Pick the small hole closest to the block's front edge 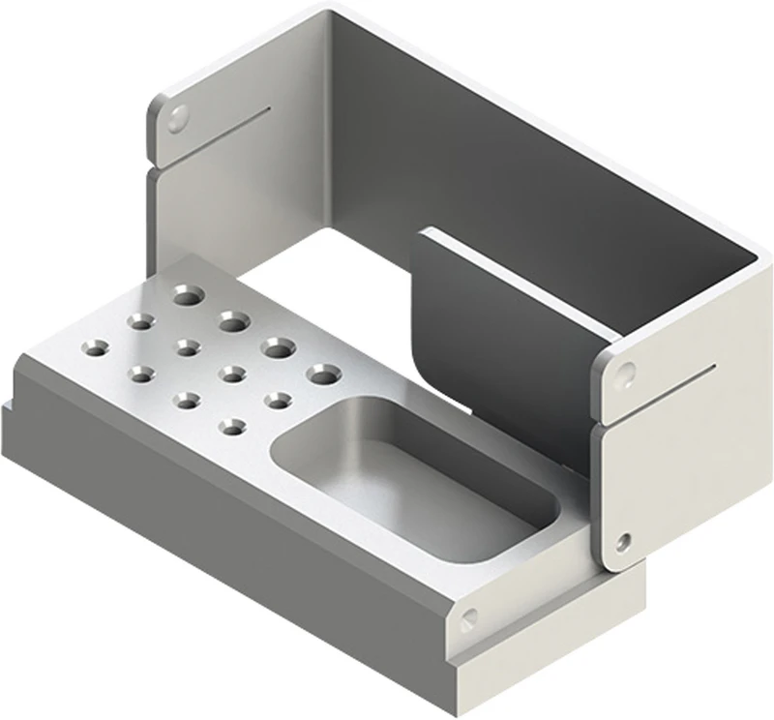(x=231, y=424)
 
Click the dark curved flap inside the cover (x=484, y=319)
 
